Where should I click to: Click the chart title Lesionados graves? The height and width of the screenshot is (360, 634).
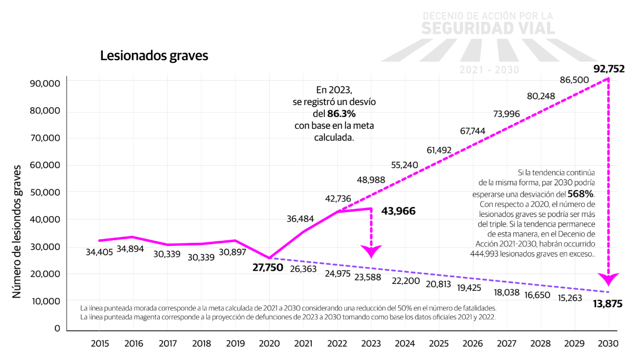coord(154,56)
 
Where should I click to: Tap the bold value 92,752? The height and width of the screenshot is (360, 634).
coord(609,69)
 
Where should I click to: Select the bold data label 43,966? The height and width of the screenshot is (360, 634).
coord(398,211)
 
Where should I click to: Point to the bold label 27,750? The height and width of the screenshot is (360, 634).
coord(268,267)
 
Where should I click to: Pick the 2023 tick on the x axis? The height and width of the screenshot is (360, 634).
coord(371,344)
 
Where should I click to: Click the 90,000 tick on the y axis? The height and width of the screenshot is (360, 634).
coord(46,84)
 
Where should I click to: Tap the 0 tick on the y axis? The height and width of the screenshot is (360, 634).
coord(57,328)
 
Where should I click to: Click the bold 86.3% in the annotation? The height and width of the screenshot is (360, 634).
coord(341,114)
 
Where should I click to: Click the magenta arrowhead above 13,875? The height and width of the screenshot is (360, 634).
coord(609,278)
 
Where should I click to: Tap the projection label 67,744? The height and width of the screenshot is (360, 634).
coord(473,131)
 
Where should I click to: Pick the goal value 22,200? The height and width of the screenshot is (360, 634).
coord(405,281)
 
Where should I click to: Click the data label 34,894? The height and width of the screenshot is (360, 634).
coord(133,249)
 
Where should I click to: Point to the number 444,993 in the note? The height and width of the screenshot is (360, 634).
coord(489,254)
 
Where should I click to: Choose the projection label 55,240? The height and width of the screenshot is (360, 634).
coord(405,165)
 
